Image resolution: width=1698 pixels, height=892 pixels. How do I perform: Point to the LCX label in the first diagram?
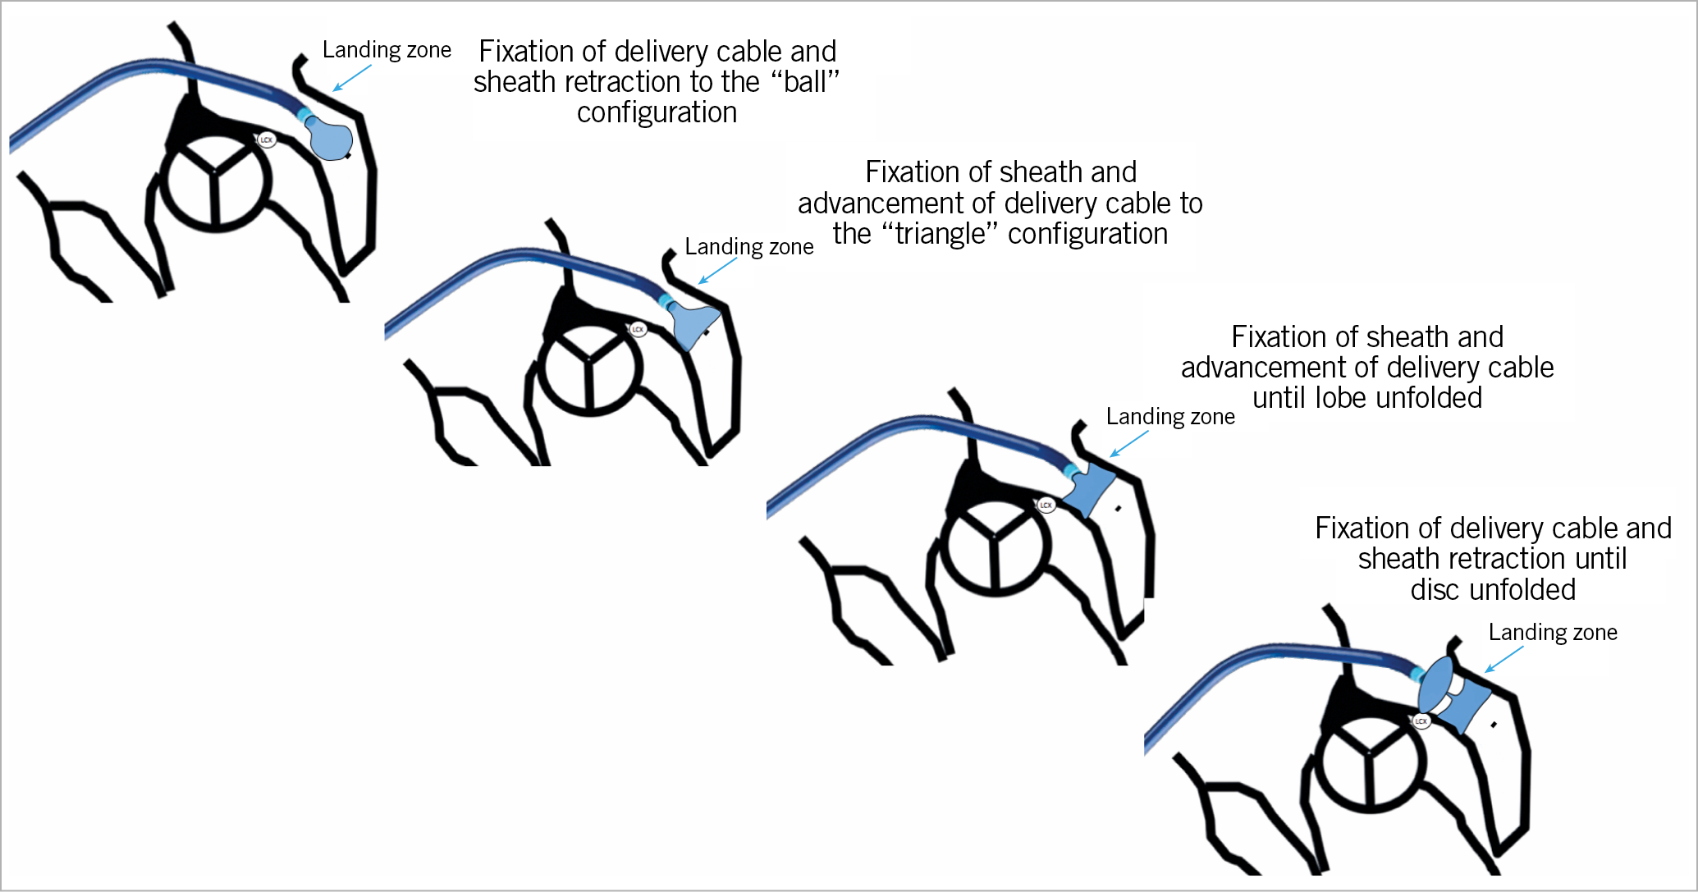tap(266, 140)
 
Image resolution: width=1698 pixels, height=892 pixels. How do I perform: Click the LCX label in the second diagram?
tap(638, 329)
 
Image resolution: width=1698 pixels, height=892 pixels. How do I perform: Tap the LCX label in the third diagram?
tap(1046, 505)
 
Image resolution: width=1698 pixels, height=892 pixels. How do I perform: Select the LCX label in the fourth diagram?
tap(1421, 721)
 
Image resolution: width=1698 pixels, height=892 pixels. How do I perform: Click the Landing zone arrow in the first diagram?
tap(351, 78)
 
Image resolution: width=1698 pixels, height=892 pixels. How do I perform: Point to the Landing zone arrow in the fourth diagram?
tap(1503, 659)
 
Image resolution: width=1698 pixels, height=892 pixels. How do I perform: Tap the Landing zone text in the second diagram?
tap(748, 247)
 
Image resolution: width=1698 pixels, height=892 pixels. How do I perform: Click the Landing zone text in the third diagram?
tap(1169, 417)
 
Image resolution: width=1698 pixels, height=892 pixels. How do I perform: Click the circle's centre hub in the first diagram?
tap(215, 172)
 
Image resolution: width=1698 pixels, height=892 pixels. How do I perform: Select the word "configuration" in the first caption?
tap(657, 112)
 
